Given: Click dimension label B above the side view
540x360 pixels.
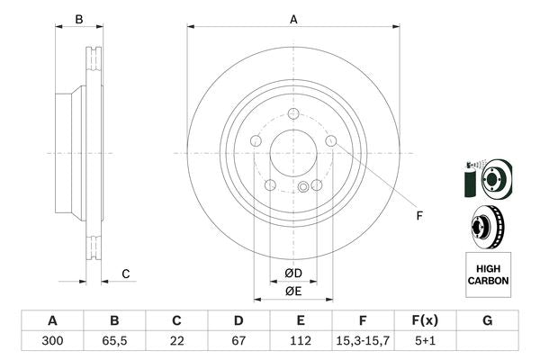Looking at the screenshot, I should point(79,19).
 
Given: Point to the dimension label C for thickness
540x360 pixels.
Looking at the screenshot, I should point(126,274).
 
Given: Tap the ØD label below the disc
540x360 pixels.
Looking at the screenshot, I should point(293,274).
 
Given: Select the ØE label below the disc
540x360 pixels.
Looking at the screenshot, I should point(293,291).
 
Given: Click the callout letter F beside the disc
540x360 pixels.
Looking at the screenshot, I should point(418,216).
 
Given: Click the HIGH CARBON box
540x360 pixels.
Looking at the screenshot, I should point(488,274).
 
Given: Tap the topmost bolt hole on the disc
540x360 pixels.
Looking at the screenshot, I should point(294,113).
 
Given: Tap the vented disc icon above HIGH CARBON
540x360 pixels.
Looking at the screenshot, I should point(487,225).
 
